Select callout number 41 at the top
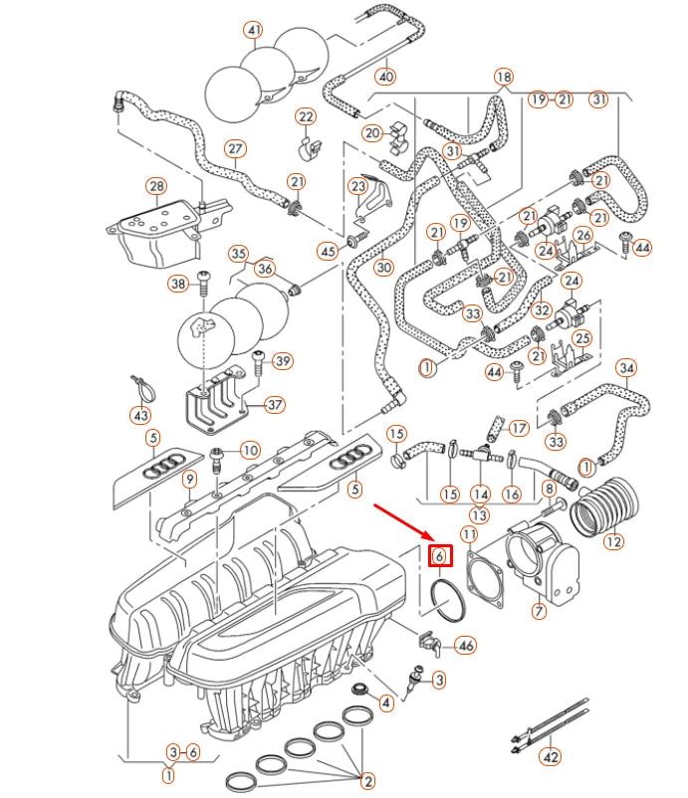255,31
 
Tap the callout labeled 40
386,77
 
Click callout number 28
155,186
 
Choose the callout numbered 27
234,150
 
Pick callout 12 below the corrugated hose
613,542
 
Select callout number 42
550,757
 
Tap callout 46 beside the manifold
465,646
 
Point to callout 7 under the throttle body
539,611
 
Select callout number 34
625,368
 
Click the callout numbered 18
504,77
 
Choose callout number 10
249,451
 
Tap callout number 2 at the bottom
366,781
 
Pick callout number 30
384,267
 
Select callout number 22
305,117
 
